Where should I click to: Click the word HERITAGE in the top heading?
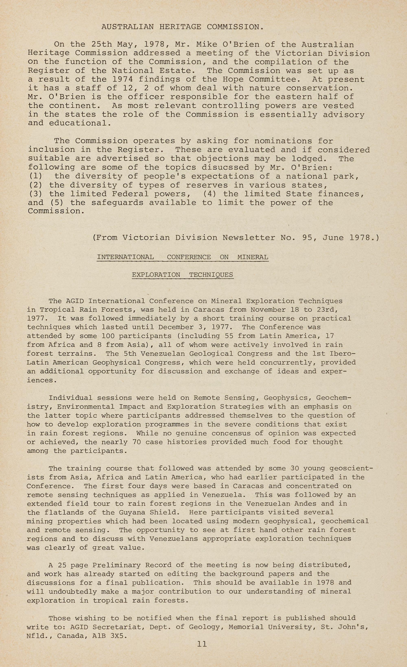point(180,27)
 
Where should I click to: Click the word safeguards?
point(117,203)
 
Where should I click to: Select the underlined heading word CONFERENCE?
point(189,257)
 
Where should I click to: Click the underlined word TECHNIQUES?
point(211,275)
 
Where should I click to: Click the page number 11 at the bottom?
point(202,644)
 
